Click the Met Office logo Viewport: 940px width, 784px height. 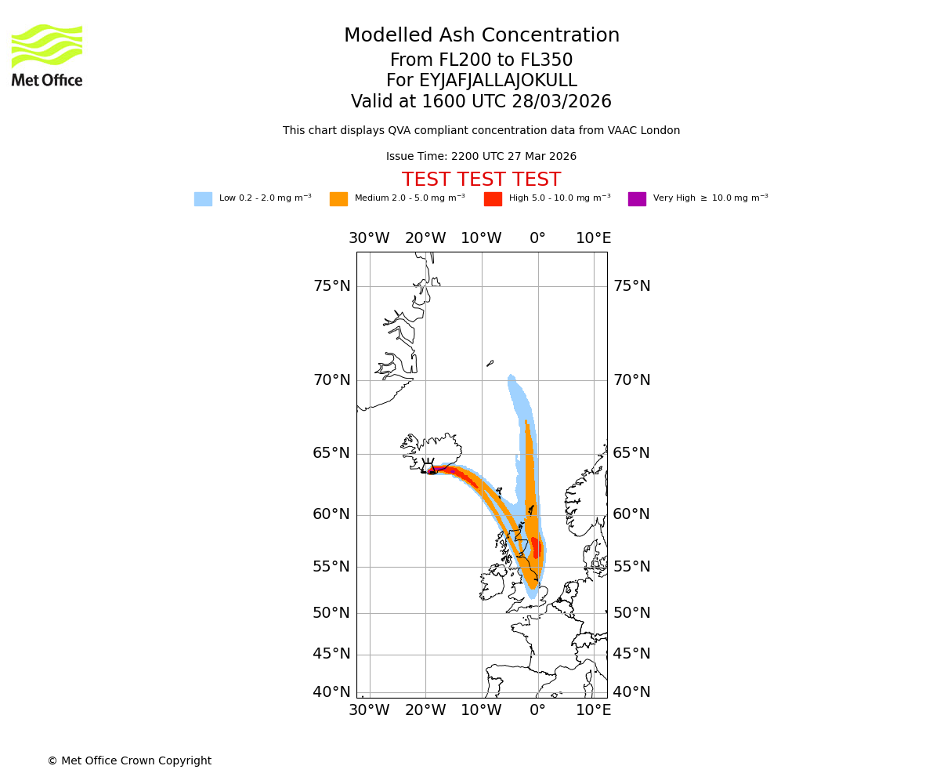47,55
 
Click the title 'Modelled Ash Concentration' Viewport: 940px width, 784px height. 482,36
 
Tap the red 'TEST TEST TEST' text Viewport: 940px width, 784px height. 481,180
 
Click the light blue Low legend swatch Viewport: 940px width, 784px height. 203,199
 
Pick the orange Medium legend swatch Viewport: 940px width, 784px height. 338,199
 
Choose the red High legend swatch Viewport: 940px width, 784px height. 493,199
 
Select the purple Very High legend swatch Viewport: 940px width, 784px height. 637,199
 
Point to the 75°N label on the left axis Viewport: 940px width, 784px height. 331,286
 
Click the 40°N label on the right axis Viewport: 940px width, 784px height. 631,692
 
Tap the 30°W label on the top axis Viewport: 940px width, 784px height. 369,238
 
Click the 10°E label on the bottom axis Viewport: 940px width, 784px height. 594,710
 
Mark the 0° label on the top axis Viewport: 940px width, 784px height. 537,238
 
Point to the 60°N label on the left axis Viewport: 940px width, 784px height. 331,514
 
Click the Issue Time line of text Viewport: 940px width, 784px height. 481,157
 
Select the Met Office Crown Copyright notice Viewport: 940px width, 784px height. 129,761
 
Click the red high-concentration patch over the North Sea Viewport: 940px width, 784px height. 536,547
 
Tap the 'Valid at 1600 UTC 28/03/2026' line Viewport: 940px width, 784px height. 481,102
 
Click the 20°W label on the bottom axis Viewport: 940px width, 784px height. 425,710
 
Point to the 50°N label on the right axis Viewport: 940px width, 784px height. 631,613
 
